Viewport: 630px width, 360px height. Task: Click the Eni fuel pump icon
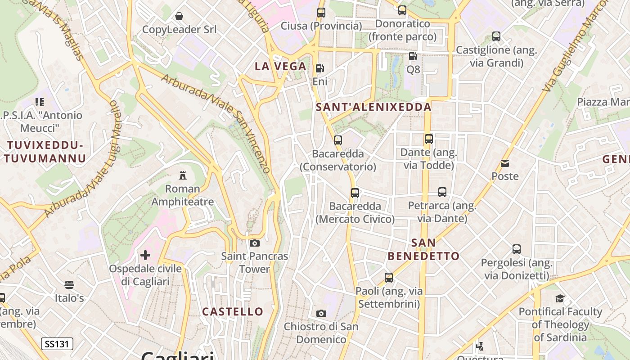(x=320, y=68)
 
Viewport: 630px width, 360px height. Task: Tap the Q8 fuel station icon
(x=413, y=56)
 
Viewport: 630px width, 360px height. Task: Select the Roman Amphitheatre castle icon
(x=183, y=175)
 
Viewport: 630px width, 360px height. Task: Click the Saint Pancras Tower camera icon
(x=255, y=243)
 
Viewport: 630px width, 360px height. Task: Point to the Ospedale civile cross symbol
(x=145, y=256)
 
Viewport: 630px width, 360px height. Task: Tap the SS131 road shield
(x=57, y=344)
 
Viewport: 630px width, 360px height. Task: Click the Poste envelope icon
(x=505, y=163)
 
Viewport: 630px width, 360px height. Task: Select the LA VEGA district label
(x=280, y=67)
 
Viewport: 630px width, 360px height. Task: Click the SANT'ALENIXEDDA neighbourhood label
(x=373, y=107)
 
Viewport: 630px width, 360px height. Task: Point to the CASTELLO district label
(x=233, y=311)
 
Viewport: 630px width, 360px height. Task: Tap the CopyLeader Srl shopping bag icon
(x=179, y=17)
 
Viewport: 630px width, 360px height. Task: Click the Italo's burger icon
(x=69, y=284)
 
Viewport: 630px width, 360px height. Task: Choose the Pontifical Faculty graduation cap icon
(x=560, y=298)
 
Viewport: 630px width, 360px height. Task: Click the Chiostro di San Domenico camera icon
(x=321, y=313)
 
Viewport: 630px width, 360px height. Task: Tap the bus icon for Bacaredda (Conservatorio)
(x=338, y=140)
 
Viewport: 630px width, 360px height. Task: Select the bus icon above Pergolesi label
(x=517, y=249)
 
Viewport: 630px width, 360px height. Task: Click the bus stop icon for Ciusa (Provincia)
(x=321, y=13)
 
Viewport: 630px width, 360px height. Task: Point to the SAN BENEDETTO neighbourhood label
(x=423, y=249)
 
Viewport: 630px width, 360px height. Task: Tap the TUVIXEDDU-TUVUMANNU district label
(x=45, y=152)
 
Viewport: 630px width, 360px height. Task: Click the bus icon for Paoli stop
(x=389, y=278)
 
